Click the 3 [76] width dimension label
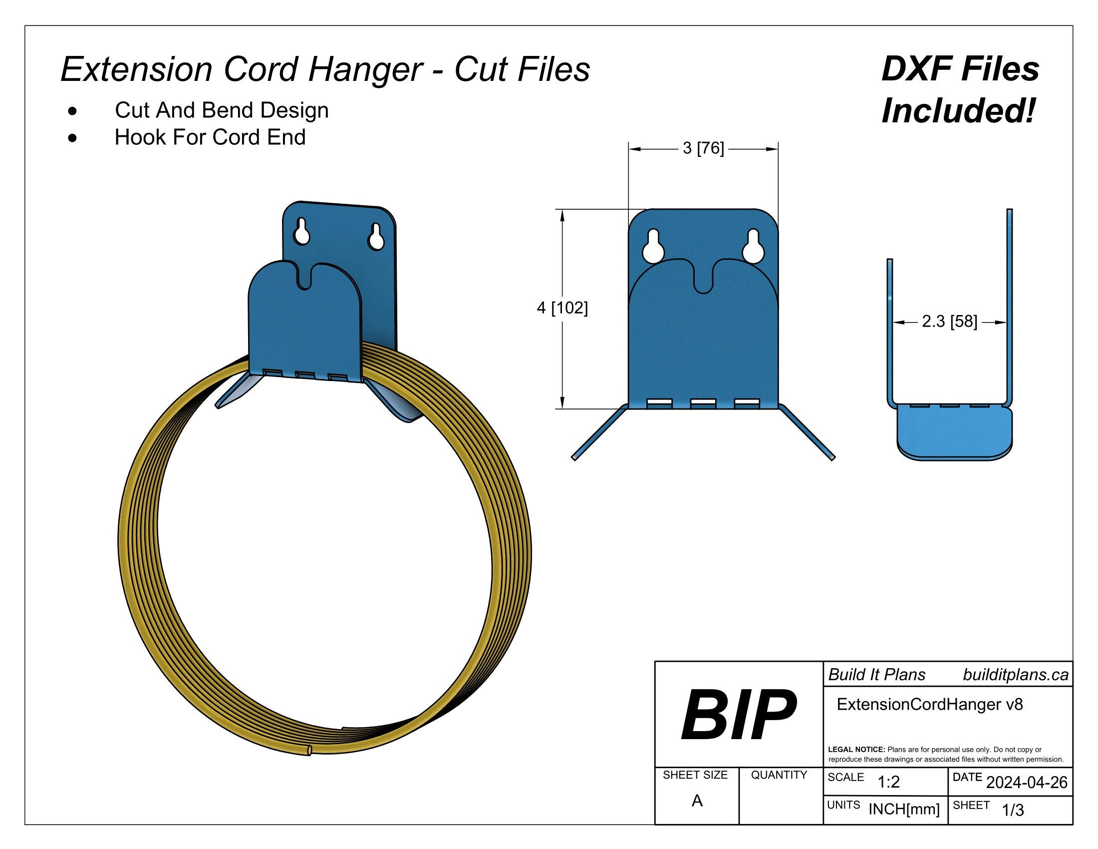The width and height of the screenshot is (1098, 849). pos(703,148)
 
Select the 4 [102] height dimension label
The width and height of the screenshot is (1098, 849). pos(562,307)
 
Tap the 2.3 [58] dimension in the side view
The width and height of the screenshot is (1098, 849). pos(949,322)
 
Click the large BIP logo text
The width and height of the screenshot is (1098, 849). pos(738,716)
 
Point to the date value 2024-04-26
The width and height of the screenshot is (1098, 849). pos(1027,783)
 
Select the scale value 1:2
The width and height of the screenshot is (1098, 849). pos(888,783)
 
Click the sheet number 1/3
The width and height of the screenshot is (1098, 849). pos(1013,810)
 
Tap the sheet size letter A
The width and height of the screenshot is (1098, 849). pos(697,801)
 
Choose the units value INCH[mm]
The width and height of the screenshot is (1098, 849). pos(904,809)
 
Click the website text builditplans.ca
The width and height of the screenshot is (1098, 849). pos(1016,675)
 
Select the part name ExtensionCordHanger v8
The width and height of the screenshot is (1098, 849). pos(930,704)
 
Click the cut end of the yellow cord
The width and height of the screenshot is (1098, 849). pos(307,751)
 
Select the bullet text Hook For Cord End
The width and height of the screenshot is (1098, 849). pos(210,137)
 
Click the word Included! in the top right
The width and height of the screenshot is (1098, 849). pos(959,111)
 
